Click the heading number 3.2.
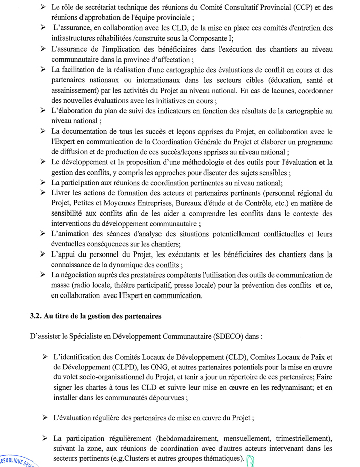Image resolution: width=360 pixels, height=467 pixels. pyautogui.click(x=37, y=316)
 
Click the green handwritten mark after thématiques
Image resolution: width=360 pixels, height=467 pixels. pyautogui.click(x=250, y=459)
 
